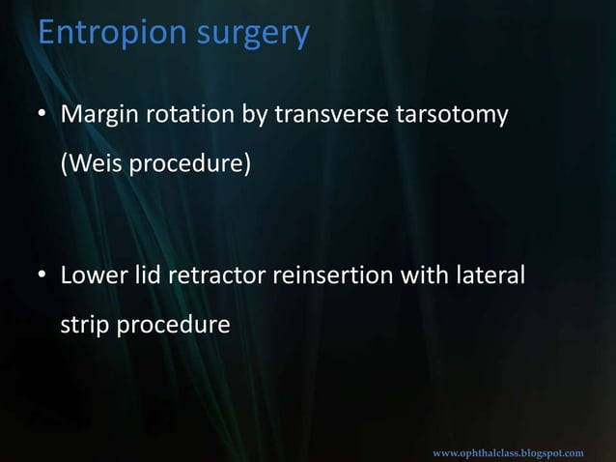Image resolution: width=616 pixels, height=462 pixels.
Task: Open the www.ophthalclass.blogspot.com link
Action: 508,452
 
